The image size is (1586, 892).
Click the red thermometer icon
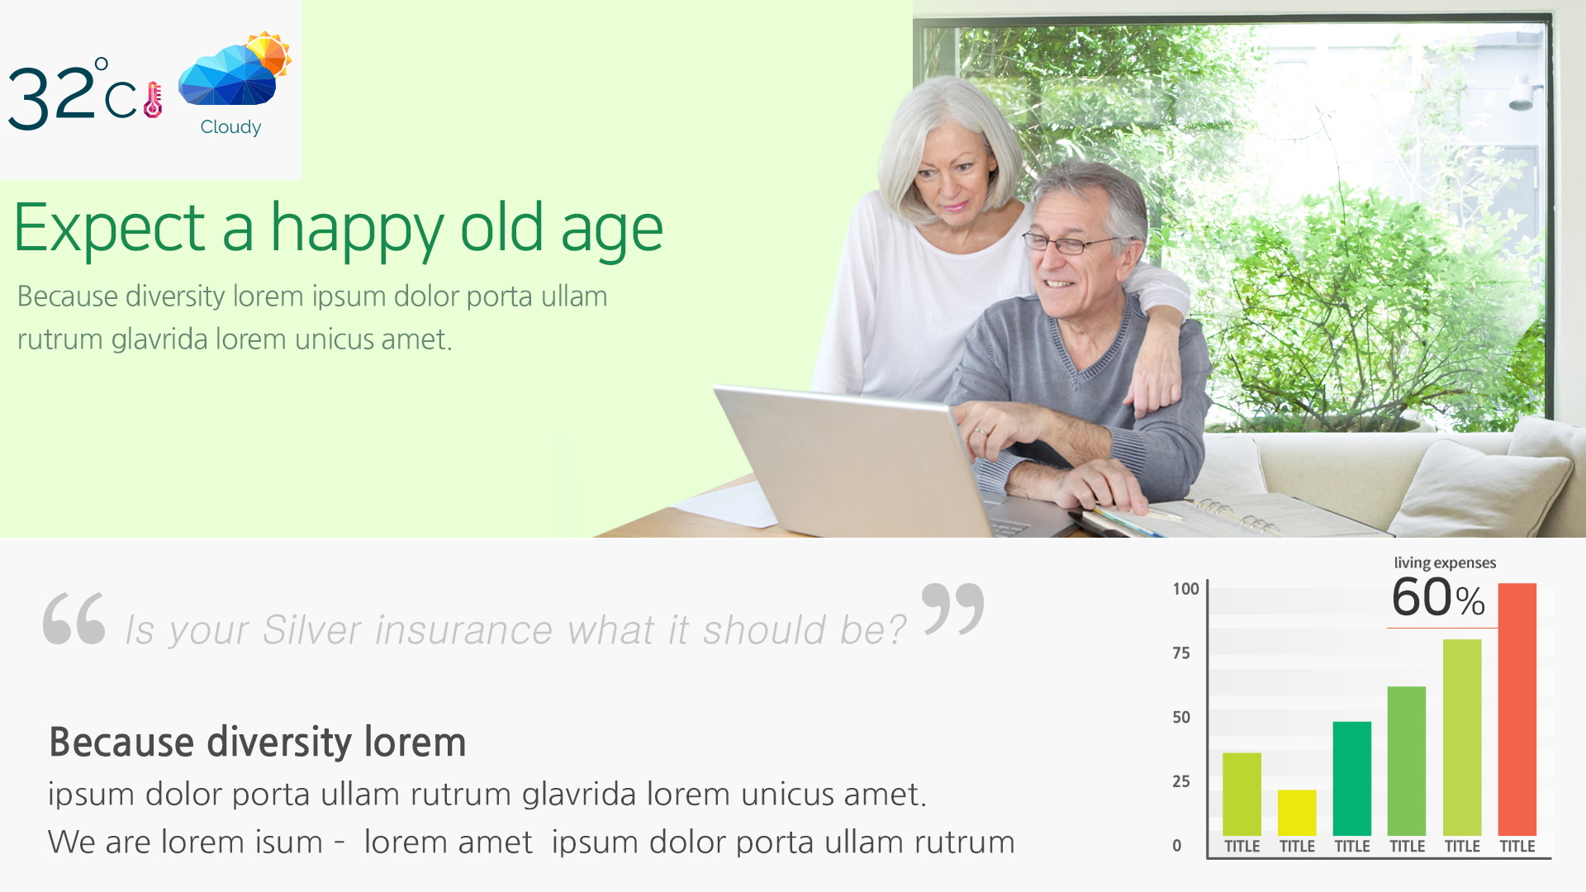point(154,100)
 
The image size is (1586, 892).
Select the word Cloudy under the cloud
point(230,127)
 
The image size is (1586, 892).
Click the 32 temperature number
point(52,97)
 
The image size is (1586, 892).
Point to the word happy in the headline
point(357,230)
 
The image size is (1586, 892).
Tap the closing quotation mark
point(952,609)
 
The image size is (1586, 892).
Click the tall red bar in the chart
point(1517,709)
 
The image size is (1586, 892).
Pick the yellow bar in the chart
point(1297,813)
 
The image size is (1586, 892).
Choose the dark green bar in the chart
point(1351,779)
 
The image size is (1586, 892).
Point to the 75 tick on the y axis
point(1181,653)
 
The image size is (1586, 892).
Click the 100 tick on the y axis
point(1185,589)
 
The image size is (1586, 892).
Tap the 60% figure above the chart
point(1438,597)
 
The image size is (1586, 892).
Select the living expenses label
point(1445,562)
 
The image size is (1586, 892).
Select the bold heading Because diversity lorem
point(258,742)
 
